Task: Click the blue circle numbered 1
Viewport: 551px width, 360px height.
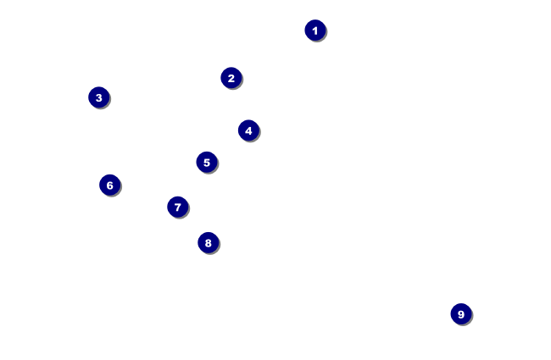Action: point(315,30)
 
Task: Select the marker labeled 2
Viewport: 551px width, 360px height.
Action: point(231,78)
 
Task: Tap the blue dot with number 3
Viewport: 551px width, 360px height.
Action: point(99,97)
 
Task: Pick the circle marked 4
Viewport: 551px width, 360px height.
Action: point(248,130)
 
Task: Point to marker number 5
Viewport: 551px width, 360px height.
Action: point(207,162)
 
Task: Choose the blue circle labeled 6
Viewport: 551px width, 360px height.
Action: point(110,185)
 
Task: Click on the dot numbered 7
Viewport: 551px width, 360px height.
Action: point(177,207)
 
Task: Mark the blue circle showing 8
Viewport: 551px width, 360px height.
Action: point(209,243)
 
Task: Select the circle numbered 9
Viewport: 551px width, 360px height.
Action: point(461,314)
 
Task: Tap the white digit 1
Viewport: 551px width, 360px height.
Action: point(315,30)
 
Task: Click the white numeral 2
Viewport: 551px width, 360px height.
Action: point(231,78)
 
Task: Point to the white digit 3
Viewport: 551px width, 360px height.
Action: point(99,97)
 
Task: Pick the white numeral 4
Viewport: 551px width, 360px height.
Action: point(248,130)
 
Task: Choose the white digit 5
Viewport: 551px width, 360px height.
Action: point(207,162)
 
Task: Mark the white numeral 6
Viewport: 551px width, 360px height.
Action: point(110,185)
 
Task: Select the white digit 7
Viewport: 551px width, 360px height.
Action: point(177,207)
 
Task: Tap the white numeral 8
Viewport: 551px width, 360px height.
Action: point(209,243)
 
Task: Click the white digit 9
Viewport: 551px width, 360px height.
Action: point(461,314)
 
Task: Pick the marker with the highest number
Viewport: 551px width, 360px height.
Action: point(461,314)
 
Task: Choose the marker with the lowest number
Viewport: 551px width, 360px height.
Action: point(315,30)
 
